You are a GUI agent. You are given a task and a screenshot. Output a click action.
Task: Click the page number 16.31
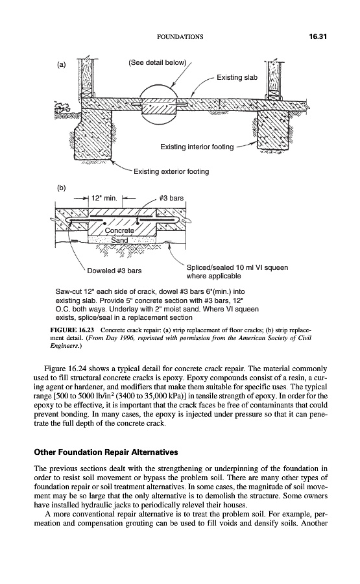[317, 36]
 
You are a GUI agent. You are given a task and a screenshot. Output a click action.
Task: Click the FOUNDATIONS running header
[180, 37]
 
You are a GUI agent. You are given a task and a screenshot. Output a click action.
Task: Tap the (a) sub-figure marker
[61, 64]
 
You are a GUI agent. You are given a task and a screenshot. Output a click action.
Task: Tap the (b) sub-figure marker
[61, 188]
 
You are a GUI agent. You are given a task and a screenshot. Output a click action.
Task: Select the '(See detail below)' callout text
[157, 62]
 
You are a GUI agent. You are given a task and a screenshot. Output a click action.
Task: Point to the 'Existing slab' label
[237, 77]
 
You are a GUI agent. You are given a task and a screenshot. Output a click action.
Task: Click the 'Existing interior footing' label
[197, 147]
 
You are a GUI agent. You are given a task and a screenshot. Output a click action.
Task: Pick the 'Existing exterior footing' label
[171, 172]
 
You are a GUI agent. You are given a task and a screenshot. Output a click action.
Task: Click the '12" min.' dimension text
[104, 198]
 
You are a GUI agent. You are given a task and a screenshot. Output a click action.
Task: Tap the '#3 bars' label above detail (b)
[171, 198]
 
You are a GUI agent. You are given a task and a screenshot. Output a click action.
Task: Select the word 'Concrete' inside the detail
[119, 230]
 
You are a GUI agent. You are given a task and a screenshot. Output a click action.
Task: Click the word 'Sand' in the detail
[119, 240]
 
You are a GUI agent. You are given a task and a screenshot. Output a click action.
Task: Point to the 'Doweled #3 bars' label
[114, 271]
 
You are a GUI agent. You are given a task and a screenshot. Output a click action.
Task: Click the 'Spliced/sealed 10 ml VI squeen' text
[237, 267]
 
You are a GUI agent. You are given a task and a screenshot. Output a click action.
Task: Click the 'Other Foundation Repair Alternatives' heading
[106, 452]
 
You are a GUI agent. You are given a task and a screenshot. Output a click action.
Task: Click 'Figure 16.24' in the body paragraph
[64, 369]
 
